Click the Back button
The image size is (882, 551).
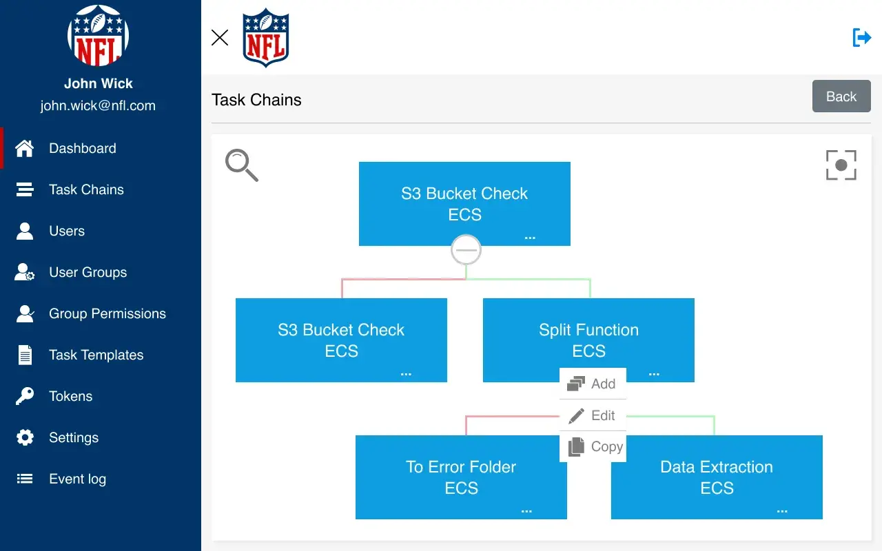841,96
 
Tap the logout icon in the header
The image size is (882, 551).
861,37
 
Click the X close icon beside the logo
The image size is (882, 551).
220,37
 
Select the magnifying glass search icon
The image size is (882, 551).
241,165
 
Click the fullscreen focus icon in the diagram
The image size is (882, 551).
841,165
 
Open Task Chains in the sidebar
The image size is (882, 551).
86,189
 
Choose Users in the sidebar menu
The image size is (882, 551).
67,231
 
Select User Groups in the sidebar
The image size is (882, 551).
88,272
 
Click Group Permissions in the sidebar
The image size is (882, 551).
107,313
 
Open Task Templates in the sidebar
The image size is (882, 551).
96,355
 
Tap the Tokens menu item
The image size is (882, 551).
70,396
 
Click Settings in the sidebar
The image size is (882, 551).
73,437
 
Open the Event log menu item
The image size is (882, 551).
77,479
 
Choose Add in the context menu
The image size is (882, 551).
593,384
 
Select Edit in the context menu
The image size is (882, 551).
593,415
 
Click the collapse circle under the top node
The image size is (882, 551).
466,250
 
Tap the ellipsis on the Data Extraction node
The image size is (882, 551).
782,511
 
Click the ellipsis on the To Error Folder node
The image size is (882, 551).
526,511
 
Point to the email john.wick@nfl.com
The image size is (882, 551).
98,105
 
